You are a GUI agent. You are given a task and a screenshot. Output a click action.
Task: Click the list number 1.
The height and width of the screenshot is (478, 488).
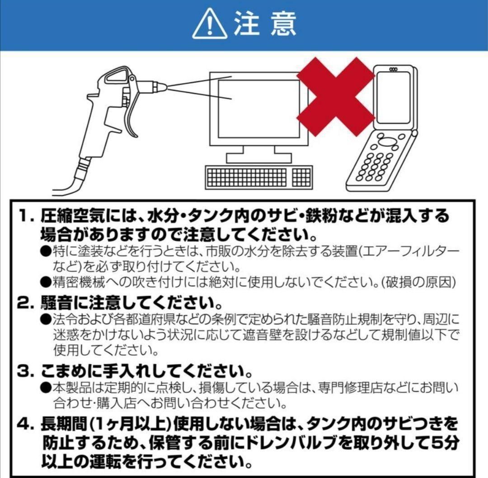[x=25, y=215]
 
